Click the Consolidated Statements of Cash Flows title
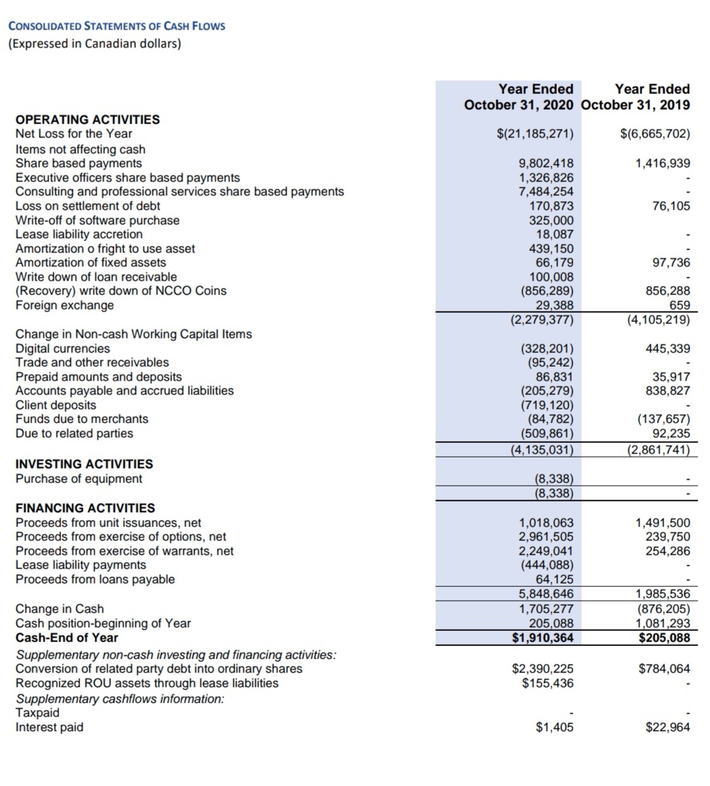(116, 26)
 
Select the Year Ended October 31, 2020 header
(518, 97)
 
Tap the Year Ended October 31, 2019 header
(636, 97)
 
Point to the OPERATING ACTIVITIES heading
(87, 120)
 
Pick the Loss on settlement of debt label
(87, 206)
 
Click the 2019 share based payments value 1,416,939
(663, 163)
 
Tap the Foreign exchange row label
(64, 305)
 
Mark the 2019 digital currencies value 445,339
(668, 348)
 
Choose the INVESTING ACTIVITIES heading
(84, 464)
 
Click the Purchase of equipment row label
(78, 478)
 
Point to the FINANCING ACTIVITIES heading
(85, 508)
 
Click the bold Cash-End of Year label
(66, 637)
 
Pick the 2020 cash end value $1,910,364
(543, 637)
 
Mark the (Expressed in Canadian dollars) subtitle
(95, 43)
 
